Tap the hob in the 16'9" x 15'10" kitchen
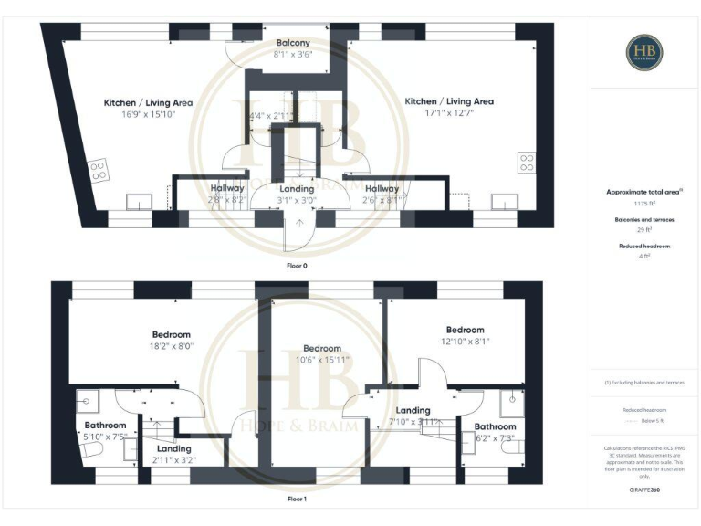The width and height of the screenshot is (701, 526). point(98,169)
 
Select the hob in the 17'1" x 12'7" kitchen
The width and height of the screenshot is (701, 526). point(527,163)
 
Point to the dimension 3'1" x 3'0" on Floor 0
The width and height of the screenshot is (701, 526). point(298,200)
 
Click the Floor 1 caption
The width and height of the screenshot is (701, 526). point(297,499)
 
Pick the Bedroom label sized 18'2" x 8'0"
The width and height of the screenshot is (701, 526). point(172,334)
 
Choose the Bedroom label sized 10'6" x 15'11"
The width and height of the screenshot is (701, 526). point(322,348)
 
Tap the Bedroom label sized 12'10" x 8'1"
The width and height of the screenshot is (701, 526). point(465,330)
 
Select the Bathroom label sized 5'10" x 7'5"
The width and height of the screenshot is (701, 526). point(106,426)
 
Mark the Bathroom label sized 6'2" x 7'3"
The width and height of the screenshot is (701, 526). point(495,426)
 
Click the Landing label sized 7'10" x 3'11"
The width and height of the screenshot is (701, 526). point(413,410)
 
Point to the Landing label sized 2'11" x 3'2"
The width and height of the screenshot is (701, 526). point(173,448)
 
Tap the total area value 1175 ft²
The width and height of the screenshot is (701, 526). point(644,205)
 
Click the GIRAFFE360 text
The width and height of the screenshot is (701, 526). point(644,491)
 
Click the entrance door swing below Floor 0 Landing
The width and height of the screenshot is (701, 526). point(296,237)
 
